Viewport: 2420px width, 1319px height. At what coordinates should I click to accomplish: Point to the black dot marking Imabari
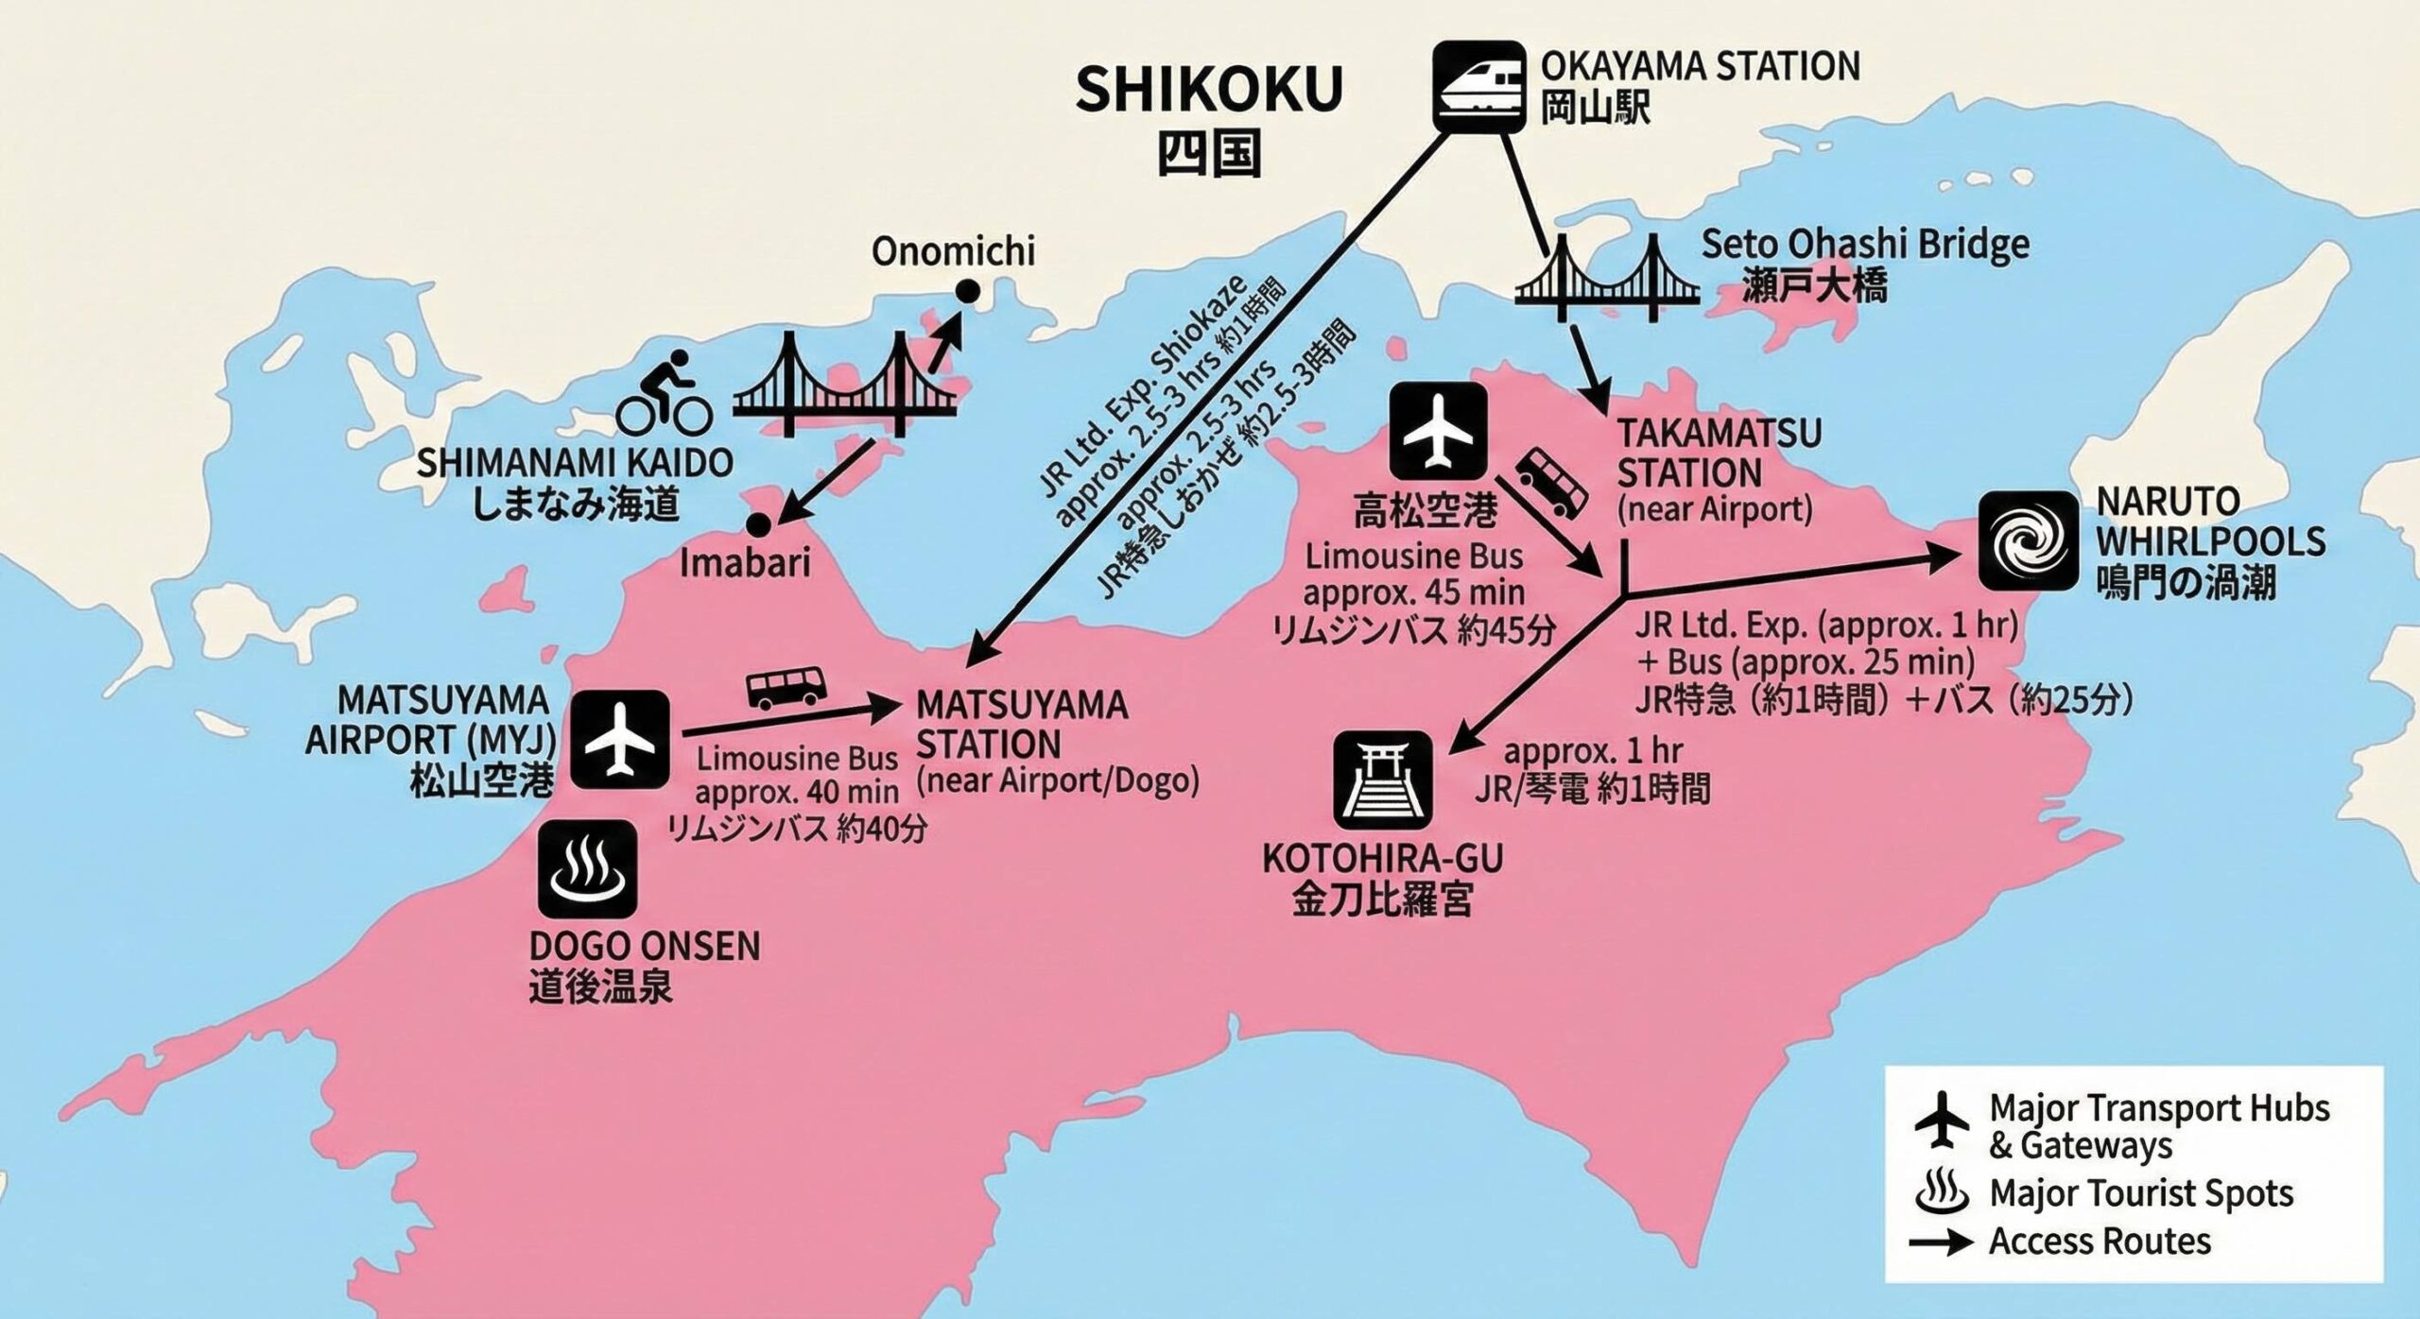(757, 524)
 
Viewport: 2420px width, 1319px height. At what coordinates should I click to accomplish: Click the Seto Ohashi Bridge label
(1865, 246)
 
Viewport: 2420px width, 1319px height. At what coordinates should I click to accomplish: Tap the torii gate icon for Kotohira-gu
(1382, 779)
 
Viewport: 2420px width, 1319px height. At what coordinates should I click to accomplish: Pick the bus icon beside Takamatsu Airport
(1551, 482)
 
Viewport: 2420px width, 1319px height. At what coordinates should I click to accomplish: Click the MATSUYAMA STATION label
(1021, 725)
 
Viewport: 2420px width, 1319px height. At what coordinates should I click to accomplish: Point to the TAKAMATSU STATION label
(1719, 454)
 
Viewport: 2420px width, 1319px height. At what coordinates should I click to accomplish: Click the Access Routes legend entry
(2099, 1241)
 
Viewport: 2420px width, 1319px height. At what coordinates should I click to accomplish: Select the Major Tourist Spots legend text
(2141, 1193)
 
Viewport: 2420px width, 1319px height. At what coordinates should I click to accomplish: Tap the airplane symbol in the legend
(1942, 1120)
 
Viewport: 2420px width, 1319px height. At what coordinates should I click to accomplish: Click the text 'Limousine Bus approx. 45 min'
(1413, 574)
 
